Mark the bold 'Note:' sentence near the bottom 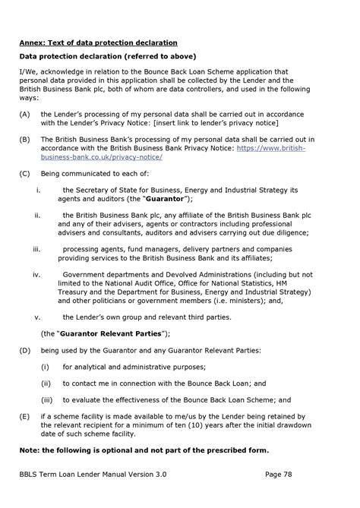144,450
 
